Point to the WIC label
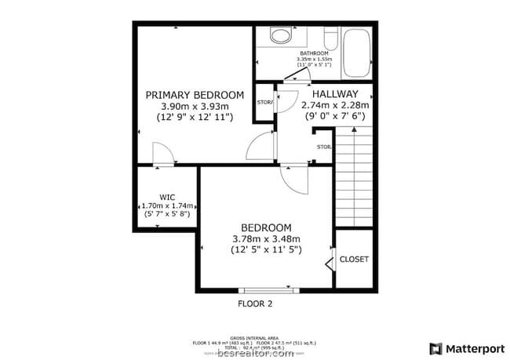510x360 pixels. coord(166,196)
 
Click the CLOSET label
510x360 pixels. coord(353,260)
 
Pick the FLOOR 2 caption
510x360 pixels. coord(254,304)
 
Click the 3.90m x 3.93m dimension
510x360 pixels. coord(194,107)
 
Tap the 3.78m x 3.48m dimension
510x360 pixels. coord(266,238)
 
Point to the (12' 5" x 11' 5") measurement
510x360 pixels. coord(266,250)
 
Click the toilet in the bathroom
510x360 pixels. coord(279,35)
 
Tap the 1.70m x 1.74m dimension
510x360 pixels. coord(166,205)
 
